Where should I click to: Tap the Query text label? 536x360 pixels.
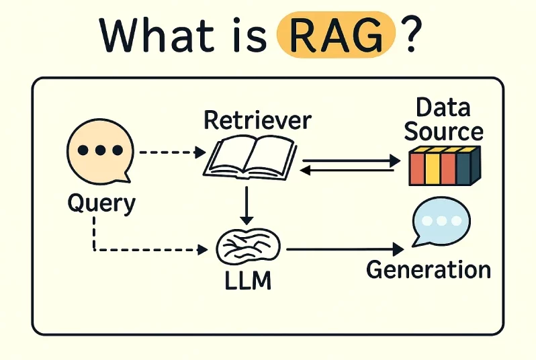point(101,203)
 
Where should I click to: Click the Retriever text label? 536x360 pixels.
point(257,120)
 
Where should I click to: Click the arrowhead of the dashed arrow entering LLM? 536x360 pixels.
point(202,251)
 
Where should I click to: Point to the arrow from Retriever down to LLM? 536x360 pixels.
point(247,205)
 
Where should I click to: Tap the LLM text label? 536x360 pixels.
point(249,281)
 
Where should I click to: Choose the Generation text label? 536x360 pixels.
point(429,269)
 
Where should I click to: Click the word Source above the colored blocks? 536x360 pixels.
point(443,131)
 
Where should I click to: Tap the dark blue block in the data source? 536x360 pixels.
point(464,167)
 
